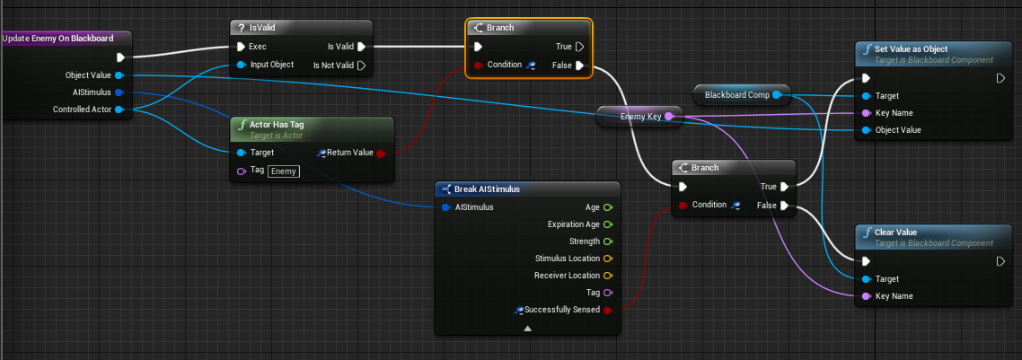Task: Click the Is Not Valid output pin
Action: [361, 66]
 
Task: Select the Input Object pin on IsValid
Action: [242, 65]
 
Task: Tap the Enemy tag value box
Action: [284, 171]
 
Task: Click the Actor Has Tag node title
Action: [277, 125]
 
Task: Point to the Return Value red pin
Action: [381, 153]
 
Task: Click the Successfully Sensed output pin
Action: [607, 310]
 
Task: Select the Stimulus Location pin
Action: [607, 259]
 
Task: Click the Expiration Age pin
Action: [607, 224]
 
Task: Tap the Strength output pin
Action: [607, 241]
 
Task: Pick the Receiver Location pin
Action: [607, 276]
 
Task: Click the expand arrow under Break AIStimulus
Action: [527, 329]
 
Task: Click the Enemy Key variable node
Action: [639, 117]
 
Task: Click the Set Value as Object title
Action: [912, 49]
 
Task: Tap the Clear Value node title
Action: [895, 233]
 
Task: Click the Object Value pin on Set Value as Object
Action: [866, 130]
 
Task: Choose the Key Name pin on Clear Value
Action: [866, 296]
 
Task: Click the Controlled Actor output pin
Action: [119, 110]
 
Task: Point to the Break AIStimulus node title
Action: [487, 189]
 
